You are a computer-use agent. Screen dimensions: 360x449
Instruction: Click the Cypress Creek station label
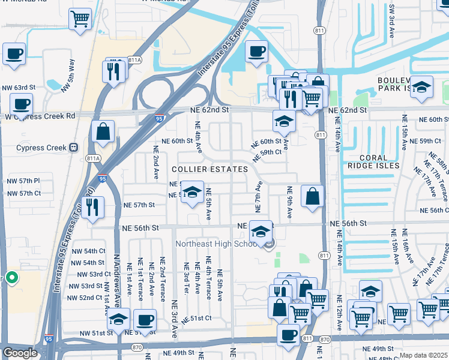coord(40,147)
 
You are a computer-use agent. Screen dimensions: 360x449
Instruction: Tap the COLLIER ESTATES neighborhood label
coord(209,170)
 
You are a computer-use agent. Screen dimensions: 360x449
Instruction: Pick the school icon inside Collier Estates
coord(192,193)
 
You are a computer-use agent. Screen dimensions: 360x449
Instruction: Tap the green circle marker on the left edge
coord(11,278)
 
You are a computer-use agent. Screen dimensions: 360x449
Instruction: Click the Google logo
coord(19,353)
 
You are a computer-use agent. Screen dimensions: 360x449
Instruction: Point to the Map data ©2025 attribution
coord(423,355)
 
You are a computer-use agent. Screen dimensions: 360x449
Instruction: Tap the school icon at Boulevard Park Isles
coord(421,88)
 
